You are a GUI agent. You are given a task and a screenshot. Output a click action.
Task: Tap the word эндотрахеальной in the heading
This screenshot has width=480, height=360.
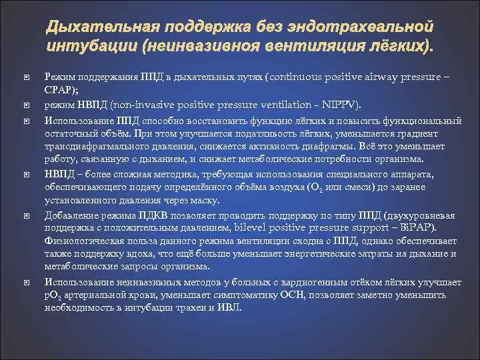pyautogui.click(x=369, y=28)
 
